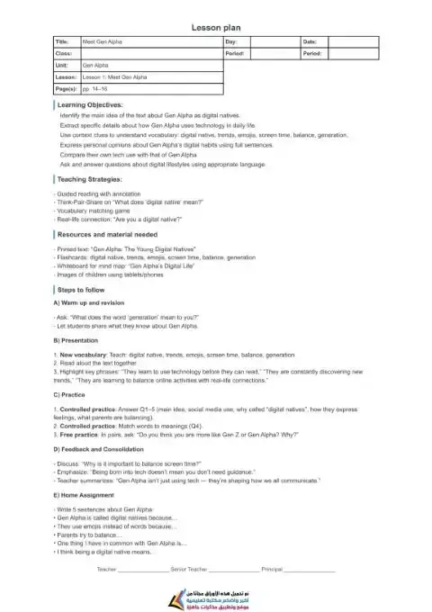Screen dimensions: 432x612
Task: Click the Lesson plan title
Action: tap(216, 28)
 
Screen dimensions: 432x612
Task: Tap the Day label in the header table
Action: tap(231, 41)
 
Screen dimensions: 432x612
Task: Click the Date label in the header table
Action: tap(310, 41)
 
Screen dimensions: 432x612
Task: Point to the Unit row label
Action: tap(62, 66)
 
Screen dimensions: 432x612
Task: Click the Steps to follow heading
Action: tap(87, 291)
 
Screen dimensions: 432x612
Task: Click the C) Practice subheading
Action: tap(74, 394)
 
